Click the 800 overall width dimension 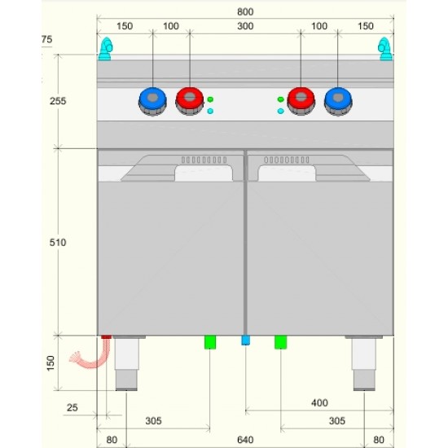click(245, 12)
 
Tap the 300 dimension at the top click(245, 26)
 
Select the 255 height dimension click(58, 101)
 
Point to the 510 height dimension click(58, 242)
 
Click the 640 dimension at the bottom click(245, 440)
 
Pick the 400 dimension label click(319, 403)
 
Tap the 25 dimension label click(72, 407)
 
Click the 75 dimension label click(47, 39)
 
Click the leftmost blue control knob click(152, 102)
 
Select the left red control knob click(190, 101)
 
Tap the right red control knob click(301, 101)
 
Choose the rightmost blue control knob click(338, 102)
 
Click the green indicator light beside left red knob click(210, 99)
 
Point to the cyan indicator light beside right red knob click(280, 111)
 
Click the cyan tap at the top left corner click(105, 49)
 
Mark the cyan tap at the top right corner click(385, 49)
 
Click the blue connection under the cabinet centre click(245, 340)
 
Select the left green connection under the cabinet click(210, 342)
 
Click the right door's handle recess click(287, 173)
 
